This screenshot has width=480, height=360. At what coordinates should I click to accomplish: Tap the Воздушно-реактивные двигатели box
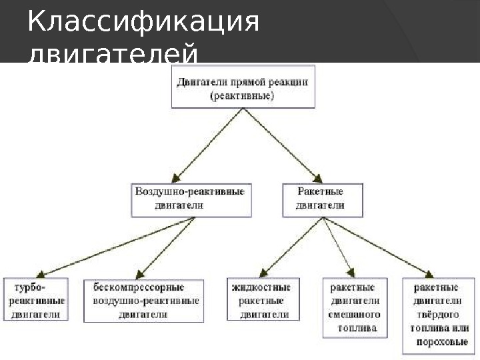pyautogui.click(x=190, y=199)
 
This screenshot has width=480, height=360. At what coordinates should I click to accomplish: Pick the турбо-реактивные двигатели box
pyautogui.click(x=36, y=301)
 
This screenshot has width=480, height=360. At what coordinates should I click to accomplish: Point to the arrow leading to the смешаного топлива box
pyautogui.click(x=340, y=247)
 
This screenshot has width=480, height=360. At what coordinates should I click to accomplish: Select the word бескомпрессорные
pyautogui.click(x=139, y=287)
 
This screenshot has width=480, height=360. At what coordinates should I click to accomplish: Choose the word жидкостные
pyautogui.click(x=261, y=288)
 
